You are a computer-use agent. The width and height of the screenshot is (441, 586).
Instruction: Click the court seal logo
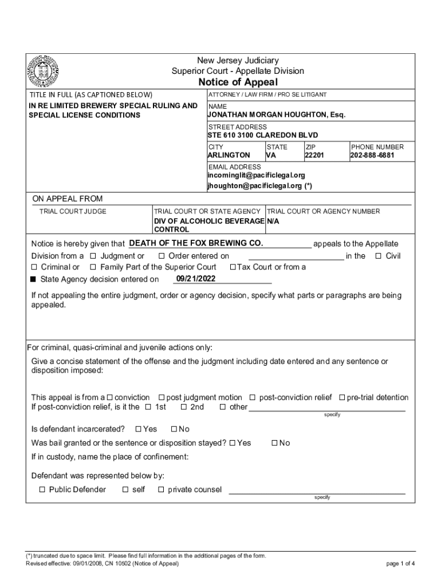tap(44, 72)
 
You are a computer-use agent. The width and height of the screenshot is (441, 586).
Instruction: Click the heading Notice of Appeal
tap(238, 82)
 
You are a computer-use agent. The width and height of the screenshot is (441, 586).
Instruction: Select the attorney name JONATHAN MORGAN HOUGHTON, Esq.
tap(277, 115)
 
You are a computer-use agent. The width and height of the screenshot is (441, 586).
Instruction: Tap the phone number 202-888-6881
tap(372, 155)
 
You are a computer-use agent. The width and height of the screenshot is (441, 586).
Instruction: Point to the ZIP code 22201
tap(314, 155)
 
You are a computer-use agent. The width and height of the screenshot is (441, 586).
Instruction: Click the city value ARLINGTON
tap(229, 155)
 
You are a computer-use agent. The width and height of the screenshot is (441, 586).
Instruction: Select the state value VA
tap(271, 155)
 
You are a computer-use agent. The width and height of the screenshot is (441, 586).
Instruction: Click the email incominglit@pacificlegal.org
tap(256, 175)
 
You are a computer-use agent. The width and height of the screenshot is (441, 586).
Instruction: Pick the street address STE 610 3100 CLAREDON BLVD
tap(262, 135)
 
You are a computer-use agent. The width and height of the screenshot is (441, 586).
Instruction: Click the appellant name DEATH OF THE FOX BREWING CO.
tap(196, 243)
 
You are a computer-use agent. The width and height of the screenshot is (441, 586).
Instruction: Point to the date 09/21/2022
tap(196, 279)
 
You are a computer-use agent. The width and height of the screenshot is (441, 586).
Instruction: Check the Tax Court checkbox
tap(233, 267)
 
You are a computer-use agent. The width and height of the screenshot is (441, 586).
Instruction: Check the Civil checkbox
tap(378, 256)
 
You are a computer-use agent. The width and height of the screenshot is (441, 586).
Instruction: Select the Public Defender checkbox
tap(42, 489)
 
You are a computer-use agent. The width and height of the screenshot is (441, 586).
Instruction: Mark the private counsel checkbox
tap(161, 489)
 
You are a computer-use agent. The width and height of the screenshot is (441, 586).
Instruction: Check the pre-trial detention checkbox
tap(342, 398)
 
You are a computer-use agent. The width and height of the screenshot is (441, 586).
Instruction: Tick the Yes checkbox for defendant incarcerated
tap(138, 429)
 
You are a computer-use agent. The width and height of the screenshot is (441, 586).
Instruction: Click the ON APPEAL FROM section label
tap(68, 199)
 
